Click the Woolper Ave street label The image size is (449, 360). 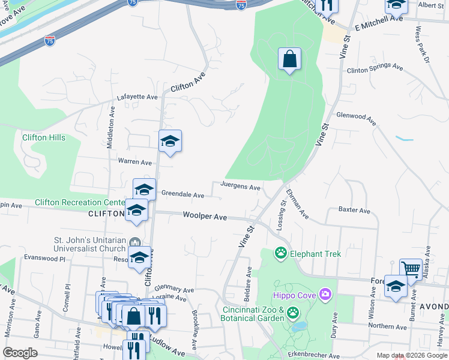205,216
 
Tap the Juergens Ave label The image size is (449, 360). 241,187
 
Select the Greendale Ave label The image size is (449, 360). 182,195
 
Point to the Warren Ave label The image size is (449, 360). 135,162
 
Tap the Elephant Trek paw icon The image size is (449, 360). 280,253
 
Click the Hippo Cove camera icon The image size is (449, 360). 325,294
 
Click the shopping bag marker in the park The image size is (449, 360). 289,59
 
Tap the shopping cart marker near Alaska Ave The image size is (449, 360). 411,269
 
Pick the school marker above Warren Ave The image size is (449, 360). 170,142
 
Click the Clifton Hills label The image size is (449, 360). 44,137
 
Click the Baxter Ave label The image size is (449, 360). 354,211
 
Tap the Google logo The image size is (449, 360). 20,353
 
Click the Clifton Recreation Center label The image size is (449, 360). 79,202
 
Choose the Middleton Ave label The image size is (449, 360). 110,128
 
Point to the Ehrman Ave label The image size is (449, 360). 297,204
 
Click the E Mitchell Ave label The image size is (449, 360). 379,19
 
